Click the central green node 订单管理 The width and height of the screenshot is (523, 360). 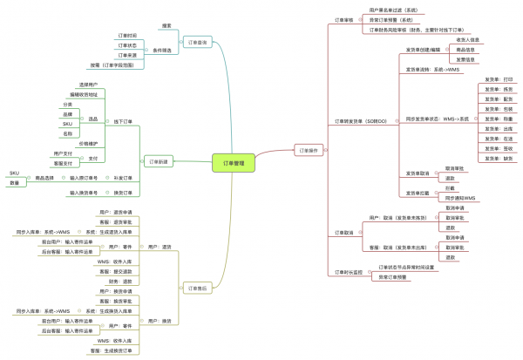click(234, 162)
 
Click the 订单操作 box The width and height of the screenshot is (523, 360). click(312, 150)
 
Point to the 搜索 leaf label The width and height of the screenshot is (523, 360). click(166, 25)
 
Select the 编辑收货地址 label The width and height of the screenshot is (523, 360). click(84, 93)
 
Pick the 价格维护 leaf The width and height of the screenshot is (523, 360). click(89, 143)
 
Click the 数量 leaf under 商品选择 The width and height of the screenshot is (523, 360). click(14, 183)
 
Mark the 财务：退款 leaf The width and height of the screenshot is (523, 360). click(120, 282)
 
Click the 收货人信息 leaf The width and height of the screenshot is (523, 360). click(467, 39)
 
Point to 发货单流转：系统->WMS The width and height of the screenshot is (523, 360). click(432, 69)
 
